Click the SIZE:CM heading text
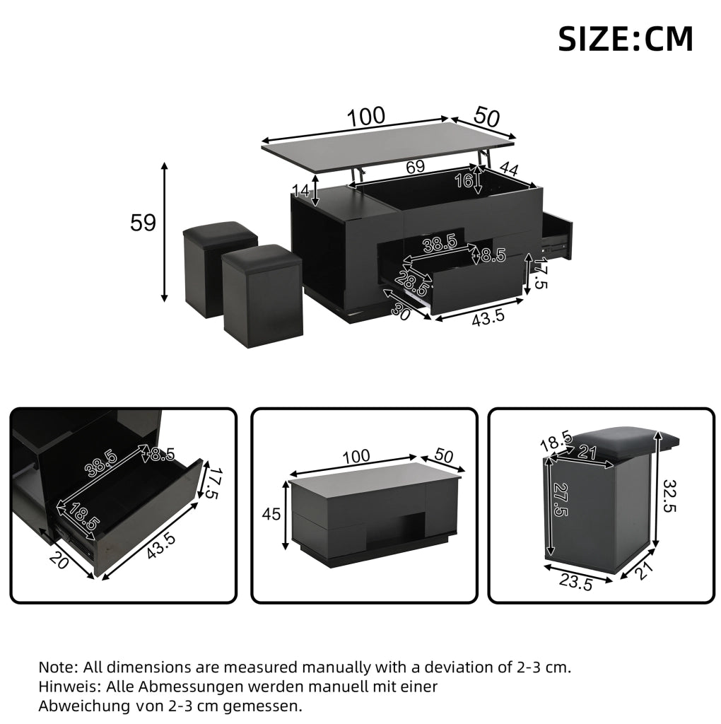626,39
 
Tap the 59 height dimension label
143,223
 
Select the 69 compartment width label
416,166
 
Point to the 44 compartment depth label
509,169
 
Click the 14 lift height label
301,190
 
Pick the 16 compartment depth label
464,180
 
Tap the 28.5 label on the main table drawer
411,284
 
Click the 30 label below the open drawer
401,313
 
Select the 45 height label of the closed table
271,513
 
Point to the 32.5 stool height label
670,496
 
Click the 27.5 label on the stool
560,500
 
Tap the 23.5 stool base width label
575,582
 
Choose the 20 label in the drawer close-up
59,560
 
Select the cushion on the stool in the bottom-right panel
621,440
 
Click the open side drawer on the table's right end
557,235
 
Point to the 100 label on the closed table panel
356,457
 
